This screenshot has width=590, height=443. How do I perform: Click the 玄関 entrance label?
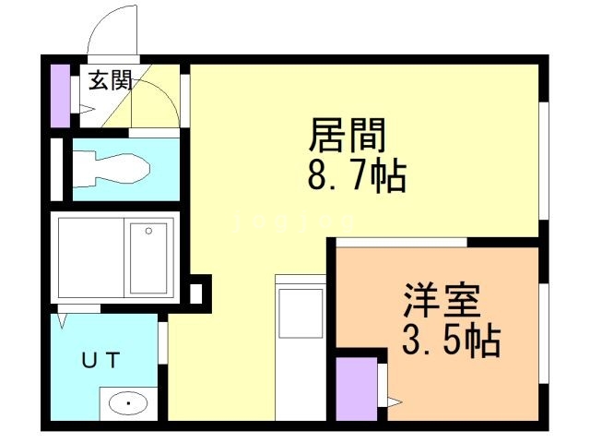[109, 81]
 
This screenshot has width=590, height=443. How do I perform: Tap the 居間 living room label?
[345, 138]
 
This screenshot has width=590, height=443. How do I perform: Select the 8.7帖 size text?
[356, 176]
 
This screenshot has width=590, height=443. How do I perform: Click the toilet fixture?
[115, 169]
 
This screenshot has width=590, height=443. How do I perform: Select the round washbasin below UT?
[127, 403]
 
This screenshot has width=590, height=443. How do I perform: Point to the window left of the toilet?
[56, 169]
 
